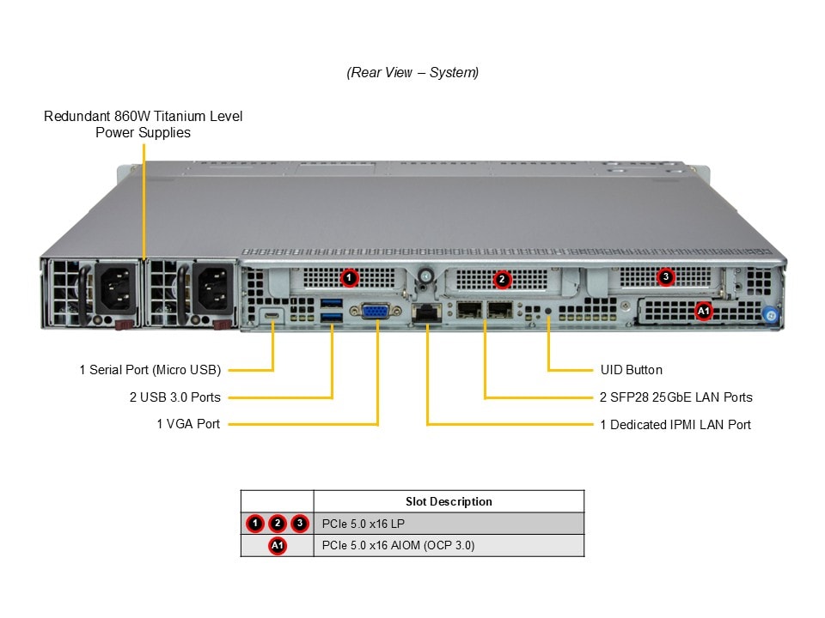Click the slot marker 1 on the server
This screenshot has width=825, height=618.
349,277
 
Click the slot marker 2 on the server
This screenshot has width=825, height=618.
503,279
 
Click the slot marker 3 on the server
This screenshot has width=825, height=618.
665,277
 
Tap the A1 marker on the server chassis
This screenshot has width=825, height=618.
704,310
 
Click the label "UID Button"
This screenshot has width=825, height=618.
631,370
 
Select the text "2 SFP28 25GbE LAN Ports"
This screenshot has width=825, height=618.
675,397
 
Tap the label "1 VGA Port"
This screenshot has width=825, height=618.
188,424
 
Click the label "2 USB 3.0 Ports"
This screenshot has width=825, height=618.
174,397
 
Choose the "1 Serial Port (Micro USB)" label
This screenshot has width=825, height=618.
150,370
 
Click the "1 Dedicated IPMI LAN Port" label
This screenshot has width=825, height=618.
675,424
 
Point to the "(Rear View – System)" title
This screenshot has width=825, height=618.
412,73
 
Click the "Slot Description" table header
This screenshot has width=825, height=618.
449,501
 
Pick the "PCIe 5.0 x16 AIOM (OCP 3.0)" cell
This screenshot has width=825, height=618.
398,546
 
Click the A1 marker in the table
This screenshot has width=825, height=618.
277,546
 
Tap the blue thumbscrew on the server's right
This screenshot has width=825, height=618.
771,316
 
